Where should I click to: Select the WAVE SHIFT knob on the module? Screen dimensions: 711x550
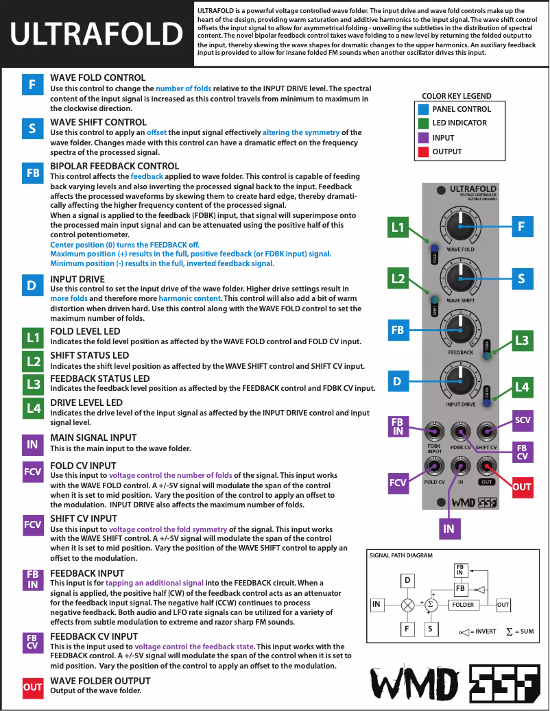click(x=460, y=278)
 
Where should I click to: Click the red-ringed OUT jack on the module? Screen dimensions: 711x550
click(x=486, y=467)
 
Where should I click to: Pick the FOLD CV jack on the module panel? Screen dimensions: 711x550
click(x=434, y=467)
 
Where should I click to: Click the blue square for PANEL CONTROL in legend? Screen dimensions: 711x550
click(x=423, y=109)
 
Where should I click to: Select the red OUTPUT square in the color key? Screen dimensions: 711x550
click(x=423, y=152)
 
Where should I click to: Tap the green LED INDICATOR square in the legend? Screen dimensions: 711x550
click(x=423, y=123)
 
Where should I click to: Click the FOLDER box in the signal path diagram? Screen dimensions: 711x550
click(x=464, y=605)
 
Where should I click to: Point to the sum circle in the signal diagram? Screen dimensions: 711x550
click(x=431, y=605)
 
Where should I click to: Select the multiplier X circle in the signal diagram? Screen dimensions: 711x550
click(x=408, y=605)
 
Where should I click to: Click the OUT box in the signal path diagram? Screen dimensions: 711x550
click(x=503, y=605)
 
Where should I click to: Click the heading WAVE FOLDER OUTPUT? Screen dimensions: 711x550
click(x=100, y=681)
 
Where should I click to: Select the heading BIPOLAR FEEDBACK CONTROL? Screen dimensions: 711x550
click(x=115, y=166)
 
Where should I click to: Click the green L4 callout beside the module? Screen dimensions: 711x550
click(x=522, y=388)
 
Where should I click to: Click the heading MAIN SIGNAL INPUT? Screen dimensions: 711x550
click(x=93, y=437)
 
